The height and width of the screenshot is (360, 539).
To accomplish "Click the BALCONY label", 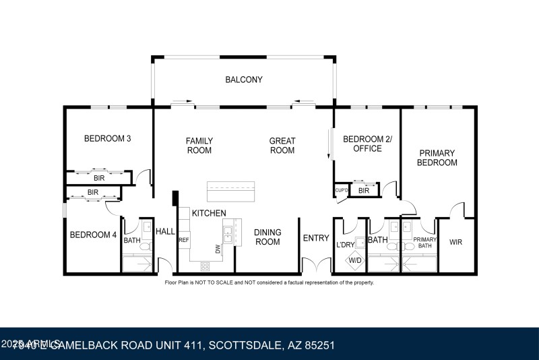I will click(243, 80).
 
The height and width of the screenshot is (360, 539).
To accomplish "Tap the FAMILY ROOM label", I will click(199, 146).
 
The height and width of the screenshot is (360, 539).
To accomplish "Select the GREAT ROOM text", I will click(282, 146).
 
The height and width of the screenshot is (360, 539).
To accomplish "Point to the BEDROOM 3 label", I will click(107, 139).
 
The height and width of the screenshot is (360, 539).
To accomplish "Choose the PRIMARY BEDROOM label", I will click(437, 158).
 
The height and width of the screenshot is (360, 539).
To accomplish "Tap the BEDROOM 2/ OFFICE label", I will click(367, 144).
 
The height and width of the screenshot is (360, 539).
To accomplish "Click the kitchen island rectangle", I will click(231, 191).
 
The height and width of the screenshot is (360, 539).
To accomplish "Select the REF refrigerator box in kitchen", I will click(183, 239).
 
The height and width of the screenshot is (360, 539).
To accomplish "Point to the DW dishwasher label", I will click(218, 249).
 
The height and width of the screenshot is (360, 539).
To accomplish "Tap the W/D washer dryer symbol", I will click(354, 260).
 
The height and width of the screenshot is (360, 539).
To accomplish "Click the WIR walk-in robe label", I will click(456, 241).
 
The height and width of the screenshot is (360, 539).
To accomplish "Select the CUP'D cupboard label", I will click(342, 191).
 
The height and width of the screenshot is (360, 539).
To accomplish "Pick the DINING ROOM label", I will click(267, 237).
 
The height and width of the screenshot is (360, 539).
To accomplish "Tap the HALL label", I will click(165, 231).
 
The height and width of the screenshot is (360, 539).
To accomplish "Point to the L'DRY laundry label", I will click(345, 245).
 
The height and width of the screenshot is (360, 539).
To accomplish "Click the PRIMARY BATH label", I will click(425, 242).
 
